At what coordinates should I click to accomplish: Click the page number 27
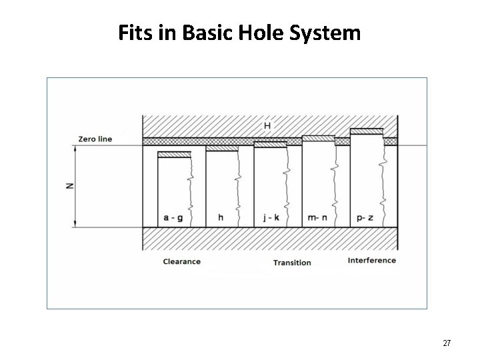(x=447, y=343)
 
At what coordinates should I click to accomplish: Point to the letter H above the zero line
(x=267, y=125)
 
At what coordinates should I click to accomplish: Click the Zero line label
(x=95, y=139)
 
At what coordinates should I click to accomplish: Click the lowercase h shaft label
(x=221, y=217)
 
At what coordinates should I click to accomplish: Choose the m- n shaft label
(x=319, y=217)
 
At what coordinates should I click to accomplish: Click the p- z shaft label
(x=367, y=217)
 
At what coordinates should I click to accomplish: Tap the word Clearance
(x=181, y=261)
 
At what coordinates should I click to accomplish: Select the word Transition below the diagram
(x=292, y=262)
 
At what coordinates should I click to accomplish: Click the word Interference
(x=372, y=260)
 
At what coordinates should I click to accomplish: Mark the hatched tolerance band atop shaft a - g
(x=174, y=155)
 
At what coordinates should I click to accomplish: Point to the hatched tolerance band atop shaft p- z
(x=367, y=131)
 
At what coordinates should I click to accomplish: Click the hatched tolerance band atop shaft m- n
(x=319, y=139)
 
